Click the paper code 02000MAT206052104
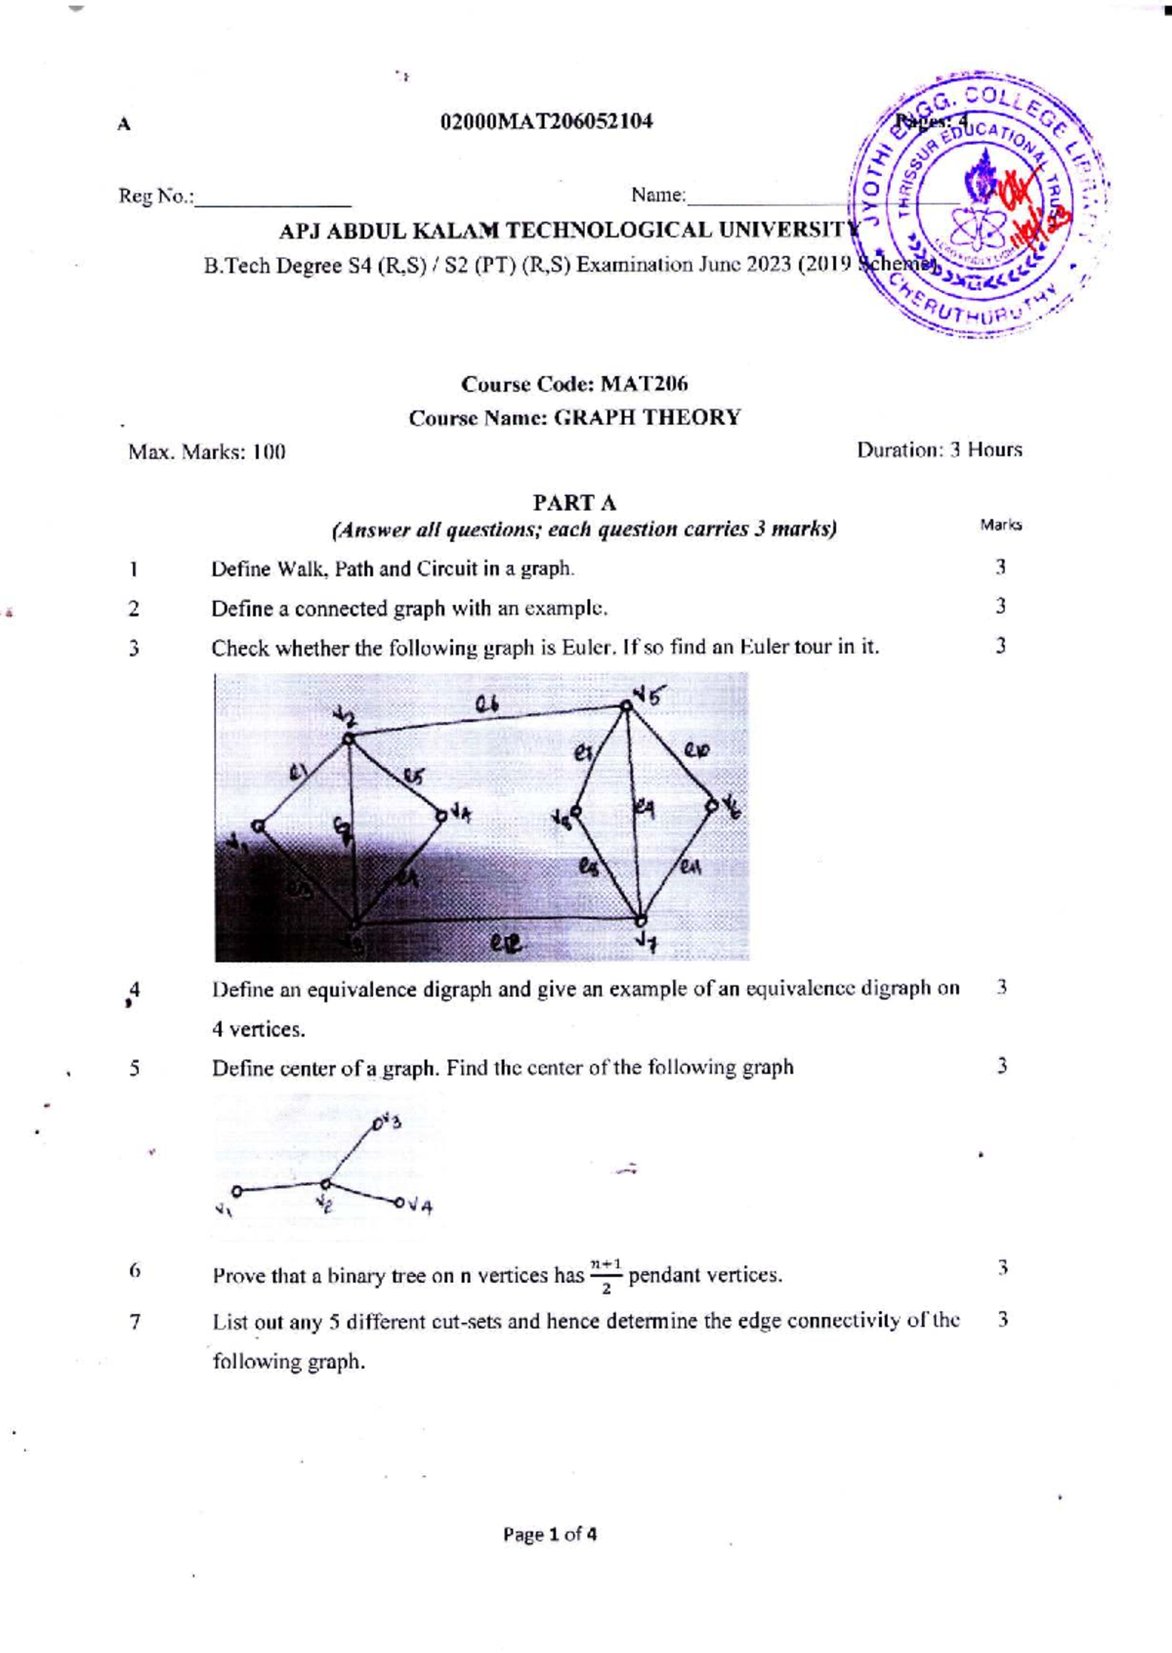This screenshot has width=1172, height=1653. click(546, 121)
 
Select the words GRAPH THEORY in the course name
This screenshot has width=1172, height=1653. click(647, 417)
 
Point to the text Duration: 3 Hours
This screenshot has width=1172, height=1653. click(939, 449)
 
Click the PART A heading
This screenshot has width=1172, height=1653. click(573, 502)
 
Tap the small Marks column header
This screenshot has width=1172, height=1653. click(1000, 525)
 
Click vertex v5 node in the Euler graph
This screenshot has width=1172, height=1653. click(626, 704)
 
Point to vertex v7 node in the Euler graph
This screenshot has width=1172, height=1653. click(641, 919)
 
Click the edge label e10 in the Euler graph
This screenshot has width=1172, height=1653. click(696, 750)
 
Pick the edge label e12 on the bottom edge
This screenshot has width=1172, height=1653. click(506, 944)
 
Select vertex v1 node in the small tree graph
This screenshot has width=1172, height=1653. click(236, 1191)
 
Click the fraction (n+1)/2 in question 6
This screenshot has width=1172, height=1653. click(606, 1275)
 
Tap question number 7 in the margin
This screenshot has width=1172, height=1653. click(135, 1322)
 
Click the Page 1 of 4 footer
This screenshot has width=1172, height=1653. click(550, 1534)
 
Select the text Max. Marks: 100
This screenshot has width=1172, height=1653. click(207, 451)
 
